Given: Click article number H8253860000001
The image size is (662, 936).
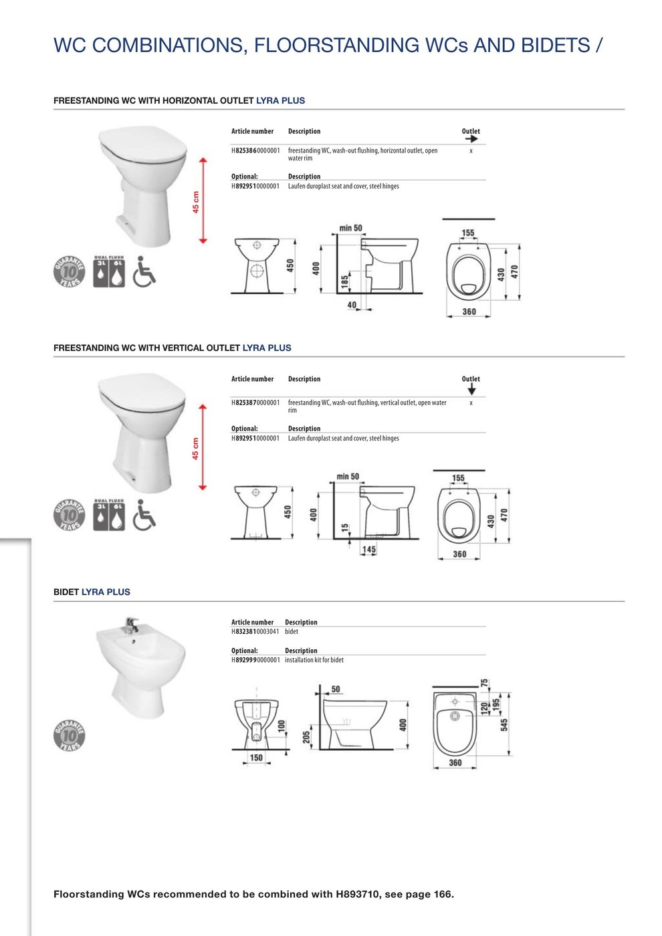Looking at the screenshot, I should click(x=255, y=151).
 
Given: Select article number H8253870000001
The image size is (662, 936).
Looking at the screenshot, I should click(x=255, y=403).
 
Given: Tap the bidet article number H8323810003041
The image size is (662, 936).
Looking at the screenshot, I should click(x=255, y=632).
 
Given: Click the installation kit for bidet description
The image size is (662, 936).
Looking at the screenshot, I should click(x=314, y=661).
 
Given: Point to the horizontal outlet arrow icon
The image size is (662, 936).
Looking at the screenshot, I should click(x=471, y=139).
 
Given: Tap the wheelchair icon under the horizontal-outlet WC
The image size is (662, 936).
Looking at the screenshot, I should click(x=144, y=271).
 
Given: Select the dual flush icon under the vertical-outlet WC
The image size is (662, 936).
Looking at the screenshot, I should click(x=109, y=515).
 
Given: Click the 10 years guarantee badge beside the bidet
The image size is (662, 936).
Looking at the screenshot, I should click(x=70, y=736).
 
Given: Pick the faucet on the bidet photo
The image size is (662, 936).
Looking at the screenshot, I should click(x=131, y=626).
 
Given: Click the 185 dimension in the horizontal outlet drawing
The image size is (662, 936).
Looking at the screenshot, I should click(x=345, y=281).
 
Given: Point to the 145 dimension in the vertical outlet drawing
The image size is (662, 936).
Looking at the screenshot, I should click(x=368, y=550).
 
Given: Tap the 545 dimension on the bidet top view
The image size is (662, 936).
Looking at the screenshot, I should click(x=504, y=725).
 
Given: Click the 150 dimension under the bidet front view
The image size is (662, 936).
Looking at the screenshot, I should click(x=256, y=757).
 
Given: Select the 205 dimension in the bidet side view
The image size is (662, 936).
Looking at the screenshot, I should click(x=306, y=737).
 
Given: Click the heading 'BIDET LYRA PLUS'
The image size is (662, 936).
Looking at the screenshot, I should click(x=92, y=592).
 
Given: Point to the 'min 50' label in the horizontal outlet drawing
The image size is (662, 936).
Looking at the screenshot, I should click(x=350, y=228).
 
